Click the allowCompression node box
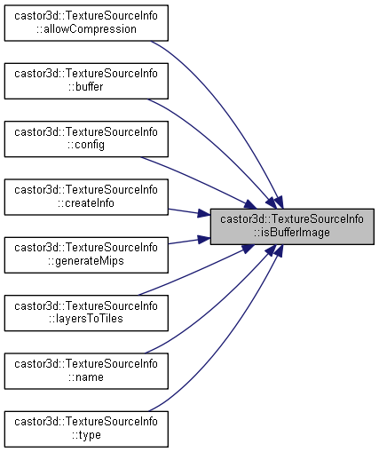pyautogui.click(x=86, y=23)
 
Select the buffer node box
pyautogui.click(x=86, y=81)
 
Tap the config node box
pyautogui.click(x=86, y=139)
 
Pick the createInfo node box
pyautogui.click(x=86, y=197)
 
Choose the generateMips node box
pyautogui.click(x=86, y=255)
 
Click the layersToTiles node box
pyautogui.click(x=86, y=313)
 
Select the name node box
pyautogui.click(x=86, y=371)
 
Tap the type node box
pyautogui.click(x=86, y=429)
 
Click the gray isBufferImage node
pyautogui.click(x=292, y=226)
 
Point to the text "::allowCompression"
pyautogui.click(x=86, y=29)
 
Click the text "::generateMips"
pyautogui.click(x=86, y=261)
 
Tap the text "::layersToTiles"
pyautogui.click(x=86, y=319)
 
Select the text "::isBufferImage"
pyautogui.click(x=292, y=233)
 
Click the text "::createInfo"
pyautogui.click(x=86, y=203)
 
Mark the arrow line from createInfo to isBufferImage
pyautogui.click(x=189, y=212)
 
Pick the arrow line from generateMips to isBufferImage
pyautogui.click(x=189, y=241)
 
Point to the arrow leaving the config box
pyautogui.click(x=199, y=181)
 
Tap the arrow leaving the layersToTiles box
pyautogui.click(x=195, y=271)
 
